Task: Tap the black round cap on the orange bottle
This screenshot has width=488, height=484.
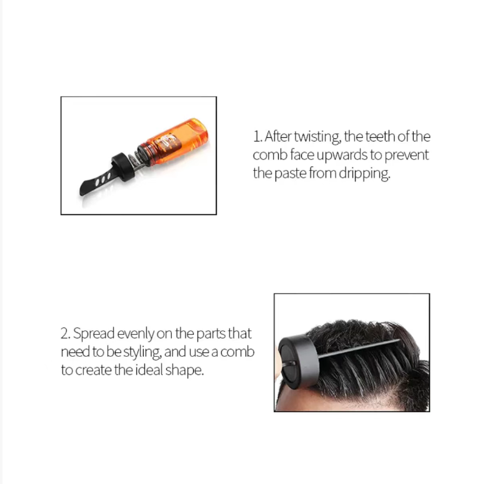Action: [123, 167]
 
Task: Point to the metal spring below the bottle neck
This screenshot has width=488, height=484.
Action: [136, 161]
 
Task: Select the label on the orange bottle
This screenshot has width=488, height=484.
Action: [167, 143]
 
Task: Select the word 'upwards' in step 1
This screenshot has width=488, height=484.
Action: [342, 155]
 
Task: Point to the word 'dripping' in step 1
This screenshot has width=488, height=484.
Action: [364, 173]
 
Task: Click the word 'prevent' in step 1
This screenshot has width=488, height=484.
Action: [407, 155]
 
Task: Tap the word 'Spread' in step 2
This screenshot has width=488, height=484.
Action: [94, 334]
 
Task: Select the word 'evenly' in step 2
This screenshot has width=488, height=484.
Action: [136, 334]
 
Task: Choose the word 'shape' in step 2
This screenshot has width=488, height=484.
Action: [184, 370]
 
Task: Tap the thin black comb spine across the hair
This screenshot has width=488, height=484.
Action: [359, 349]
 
